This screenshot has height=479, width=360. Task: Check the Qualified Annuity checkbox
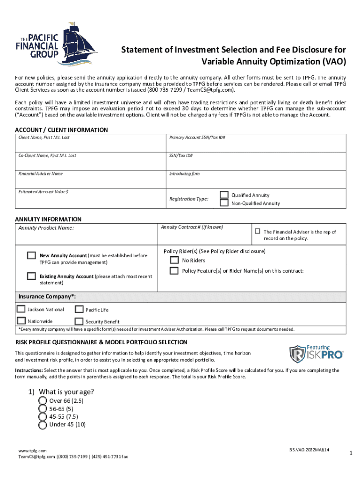(x=224, y=195)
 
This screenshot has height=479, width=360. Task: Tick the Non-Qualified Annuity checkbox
(x=224, y=203)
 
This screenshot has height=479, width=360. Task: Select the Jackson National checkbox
(x=21, y=309)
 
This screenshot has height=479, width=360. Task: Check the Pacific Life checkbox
(x=79, y=309)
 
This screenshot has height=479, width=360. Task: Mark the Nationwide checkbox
(x=21, y=321)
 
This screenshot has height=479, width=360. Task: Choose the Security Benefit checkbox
(x=79, y=321)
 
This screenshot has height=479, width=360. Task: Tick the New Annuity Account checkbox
(x=31, y=255)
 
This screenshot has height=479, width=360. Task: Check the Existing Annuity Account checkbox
(x=31, y=276)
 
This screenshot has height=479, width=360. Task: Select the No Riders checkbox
(x=174, y=260)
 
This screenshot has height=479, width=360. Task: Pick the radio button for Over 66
(x=42, y=401)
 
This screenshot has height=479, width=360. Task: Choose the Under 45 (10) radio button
(x=42, y=425)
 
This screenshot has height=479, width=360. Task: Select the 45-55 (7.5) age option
(x=42, y=417)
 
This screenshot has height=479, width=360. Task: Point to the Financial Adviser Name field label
(x=40, y=174)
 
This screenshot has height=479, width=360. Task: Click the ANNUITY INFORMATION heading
(x=48, y=219)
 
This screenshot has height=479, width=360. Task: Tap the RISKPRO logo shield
(x=297, y=355)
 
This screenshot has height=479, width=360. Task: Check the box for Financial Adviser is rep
(x=257, y=231)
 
